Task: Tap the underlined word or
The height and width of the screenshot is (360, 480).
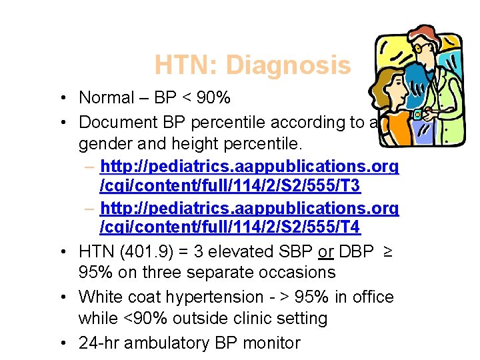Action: pyautogui.click(x=325, y=252)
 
